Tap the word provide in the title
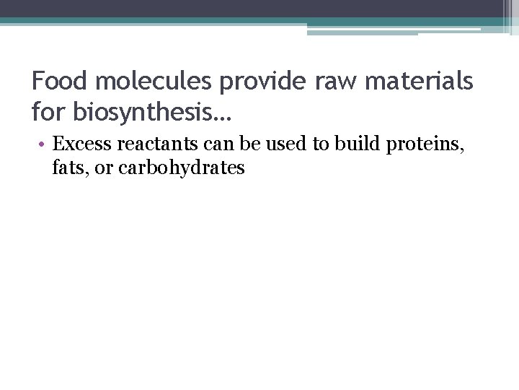pyautogui.click(x=262, y=82)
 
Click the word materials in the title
pyautogui.click(x=422, y=81)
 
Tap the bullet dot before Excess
pyautogui.click(x=44, y=144)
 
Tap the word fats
pyautogui.click(x=71, y=168)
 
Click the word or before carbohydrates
pyautogui.click(x=103, y=169)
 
